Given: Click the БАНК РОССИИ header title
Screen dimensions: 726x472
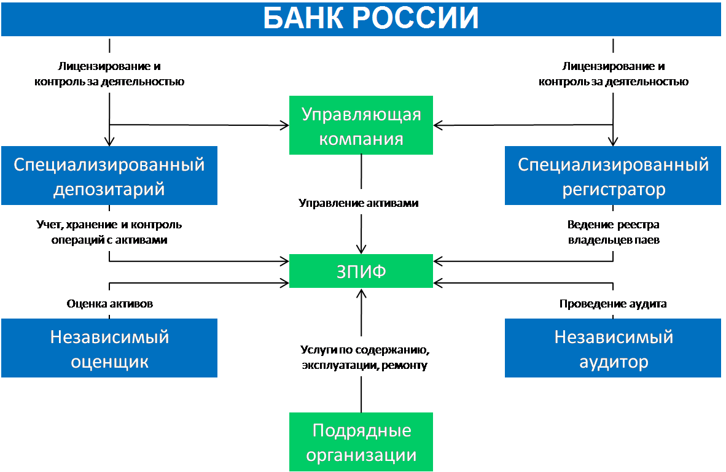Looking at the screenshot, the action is pyautogui.click(x=370, y=18).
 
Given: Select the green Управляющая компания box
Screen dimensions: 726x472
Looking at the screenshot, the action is pyautogui.click(x=361, y=125).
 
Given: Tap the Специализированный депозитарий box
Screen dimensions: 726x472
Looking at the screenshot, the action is pyautogui.click(x=109, y=176).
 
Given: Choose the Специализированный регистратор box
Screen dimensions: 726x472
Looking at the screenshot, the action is pyautogui.click(x=613, y=176).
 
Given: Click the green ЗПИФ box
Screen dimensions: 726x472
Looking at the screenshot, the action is pyautogui.click(x=361, y=271).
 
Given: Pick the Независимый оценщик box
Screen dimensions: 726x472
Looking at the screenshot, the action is pyautogui.click(x=109, y=348).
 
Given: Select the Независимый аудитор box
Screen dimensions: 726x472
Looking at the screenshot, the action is pyautogui.click(x=613, y=348).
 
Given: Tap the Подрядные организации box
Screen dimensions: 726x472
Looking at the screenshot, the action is pyautogui.click(x=361, y=442).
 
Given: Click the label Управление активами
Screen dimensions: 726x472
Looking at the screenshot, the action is pyautogui.click(x=358, y=203).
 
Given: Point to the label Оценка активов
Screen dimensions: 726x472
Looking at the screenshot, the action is pyautogui.click(x=110, y=304).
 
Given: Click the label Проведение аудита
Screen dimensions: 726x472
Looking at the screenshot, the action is pyautogui.click(x=613, y=304).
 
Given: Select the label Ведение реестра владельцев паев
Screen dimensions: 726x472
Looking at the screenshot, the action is pyautogui.click(x=614, y=232).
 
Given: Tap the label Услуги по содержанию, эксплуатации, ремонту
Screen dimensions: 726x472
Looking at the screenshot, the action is pyautogui.click(x=365, y=357).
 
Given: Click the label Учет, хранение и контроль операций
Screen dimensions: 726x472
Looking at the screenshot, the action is pyautogui.click(x=109, y=232).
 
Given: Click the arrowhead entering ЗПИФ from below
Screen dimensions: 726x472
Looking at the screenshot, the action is pyautogui.click(x=361, y=293).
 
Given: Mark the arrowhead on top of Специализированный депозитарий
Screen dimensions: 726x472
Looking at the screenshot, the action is pyautogui.click(x=109, y=141).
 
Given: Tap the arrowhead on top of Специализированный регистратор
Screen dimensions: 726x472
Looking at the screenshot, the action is pyautogui.click(x=613, y=141).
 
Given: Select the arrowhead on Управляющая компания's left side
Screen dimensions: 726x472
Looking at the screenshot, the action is pyautogui.click(x=284, y=125).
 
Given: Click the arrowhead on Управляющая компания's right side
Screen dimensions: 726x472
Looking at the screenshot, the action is pyautogui.click(x=439, y=125).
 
